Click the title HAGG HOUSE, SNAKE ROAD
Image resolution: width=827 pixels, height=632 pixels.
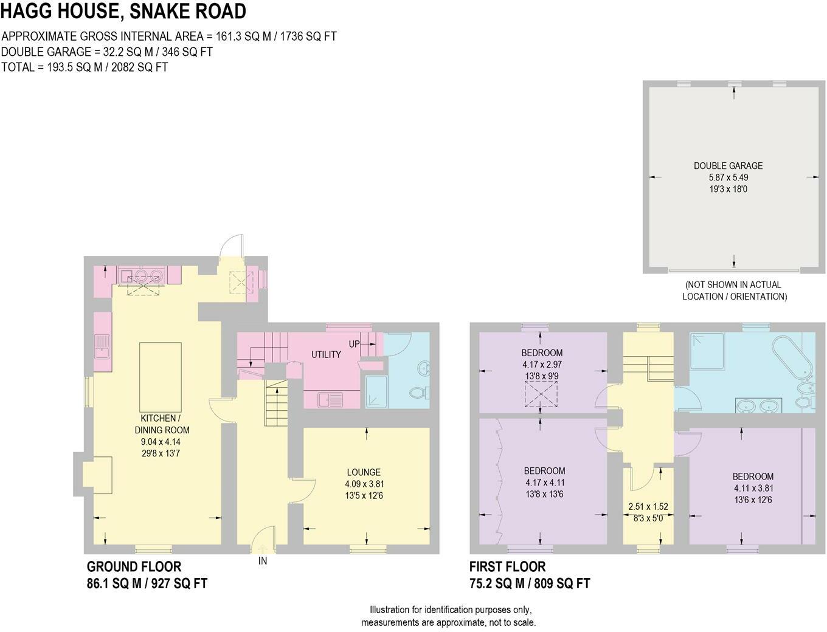(x=123, y=11)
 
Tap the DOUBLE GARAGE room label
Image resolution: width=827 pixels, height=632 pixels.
(x=728, y=166)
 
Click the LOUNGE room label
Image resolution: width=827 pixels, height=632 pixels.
(x=364, y=472)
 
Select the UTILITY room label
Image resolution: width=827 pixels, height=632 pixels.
(x=326, y=354)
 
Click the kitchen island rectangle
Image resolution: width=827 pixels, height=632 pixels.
(x=161, y=377)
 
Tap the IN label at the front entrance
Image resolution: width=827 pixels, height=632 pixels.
(x=263, y=561)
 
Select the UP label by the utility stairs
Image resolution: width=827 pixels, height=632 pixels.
(x=354, y=344)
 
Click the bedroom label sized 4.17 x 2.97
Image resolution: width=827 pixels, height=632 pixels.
(x=542, y=353)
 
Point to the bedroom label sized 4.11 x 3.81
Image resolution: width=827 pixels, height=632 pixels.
(x=753, y=477)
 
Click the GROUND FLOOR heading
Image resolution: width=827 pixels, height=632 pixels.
(x=134, y=567)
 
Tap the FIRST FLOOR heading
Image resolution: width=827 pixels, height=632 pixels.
(x=507, y=567)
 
